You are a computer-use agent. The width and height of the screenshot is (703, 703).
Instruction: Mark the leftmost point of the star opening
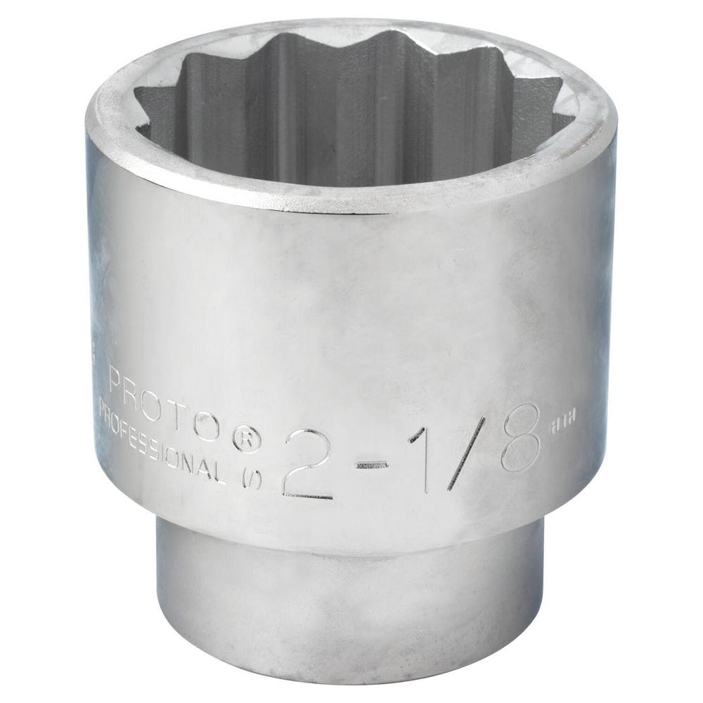pos(136,130)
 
